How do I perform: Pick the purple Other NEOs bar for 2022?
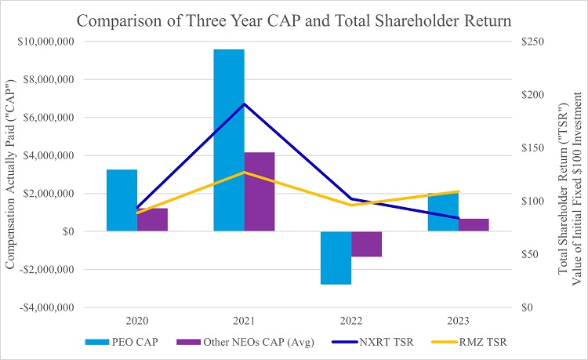pyautogui.click(x=365, y=244)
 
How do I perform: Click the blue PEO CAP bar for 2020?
pyautogui.click(x=122, y=200)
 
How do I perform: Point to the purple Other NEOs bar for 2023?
pyautogui.click(x=473, y=225)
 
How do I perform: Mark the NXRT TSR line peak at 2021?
pyautogui.click(x=244, y=104)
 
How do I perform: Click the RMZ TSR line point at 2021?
pyautogui.click(x=244, y=172)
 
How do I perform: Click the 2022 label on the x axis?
pyautogui.click(x=350, y=322)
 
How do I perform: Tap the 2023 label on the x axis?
pyautogui.click(x=457, y=322)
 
